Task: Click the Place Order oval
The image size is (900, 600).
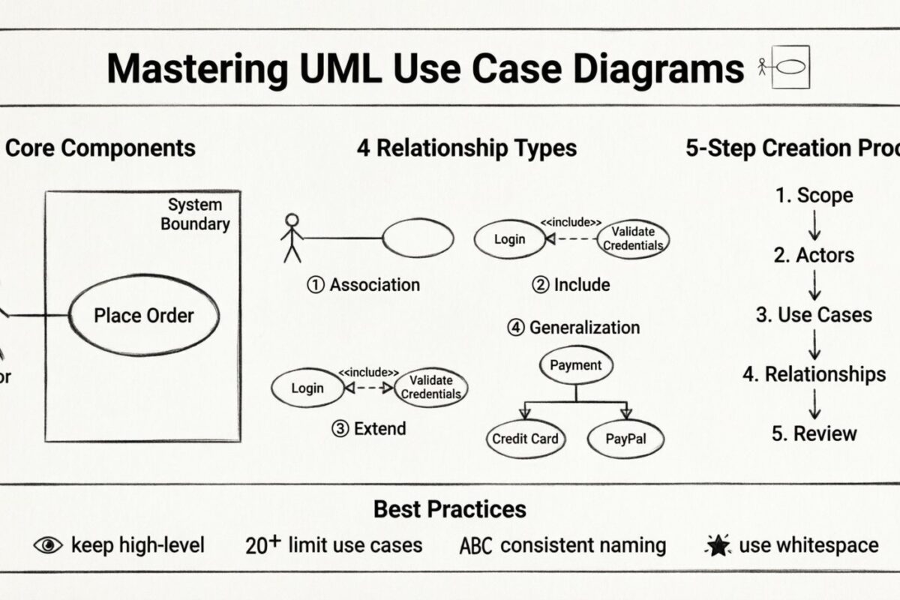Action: coord(144,316)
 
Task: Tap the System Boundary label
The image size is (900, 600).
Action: coord(195,214)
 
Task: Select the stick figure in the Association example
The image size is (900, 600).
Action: coord(292,238)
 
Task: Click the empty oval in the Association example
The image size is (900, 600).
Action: coord(418,238)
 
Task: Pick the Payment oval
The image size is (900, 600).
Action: coord(576,366)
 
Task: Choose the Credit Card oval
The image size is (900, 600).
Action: coord(525,438)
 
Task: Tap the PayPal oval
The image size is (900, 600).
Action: coord(625,438)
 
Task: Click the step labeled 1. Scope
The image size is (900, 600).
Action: coord(814,196)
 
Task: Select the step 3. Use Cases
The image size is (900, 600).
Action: coord(814,315)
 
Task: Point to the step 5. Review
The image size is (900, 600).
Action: coord(814,433)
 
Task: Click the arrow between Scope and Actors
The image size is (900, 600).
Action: coord(814,225)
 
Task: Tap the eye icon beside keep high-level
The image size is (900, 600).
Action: coord(49,545)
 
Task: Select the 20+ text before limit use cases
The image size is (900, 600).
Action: coord(262,545)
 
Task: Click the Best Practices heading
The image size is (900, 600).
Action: coord(450,509)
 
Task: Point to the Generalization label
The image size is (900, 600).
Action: coord(574,328)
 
